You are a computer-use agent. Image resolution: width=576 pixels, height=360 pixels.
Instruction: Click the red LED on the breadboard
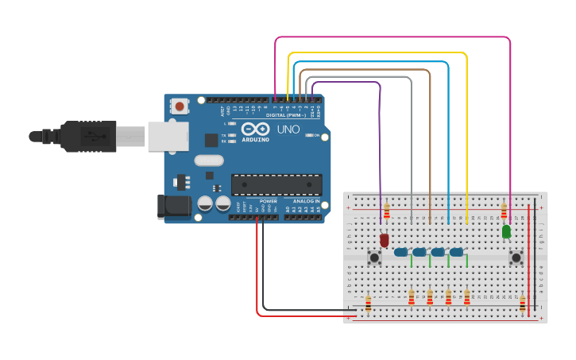[x=385, y=238]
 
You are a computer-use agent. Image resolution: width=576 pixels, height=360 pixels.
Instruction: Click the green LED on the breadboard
[x=506, y=231]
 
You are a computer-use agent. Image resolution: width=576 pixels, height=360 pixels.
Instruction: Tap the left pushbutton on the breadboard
[x=375, y=257]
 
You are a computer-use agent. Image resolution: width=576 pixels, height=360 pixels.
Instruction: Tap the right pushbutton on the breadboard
[x=516, y=257]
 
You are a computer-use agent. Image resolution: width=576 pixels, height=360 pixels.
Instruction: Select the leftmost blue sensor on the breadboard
[x=400, y=252]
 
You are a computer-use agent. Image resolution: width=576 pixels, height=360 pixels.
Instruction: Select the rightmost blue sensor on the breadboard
[x=456, y=252]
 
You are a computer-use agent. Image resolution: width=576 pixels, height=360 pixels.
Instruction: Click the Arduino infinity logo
[x=256, y=129]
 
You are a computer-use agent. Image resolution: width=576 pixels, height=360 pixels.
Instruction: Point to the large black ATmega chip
[x=276, y=184]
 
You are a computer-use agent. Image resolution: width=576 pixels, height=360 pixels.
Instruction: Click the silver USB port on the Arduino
[x=168, y=136]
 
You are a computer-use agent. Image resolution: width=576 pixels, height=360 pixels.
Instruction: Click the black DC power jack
[x=175, y=207]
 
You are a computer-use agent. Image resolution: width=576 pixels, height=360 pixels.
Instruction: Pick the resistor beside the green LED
[x=504, y=211]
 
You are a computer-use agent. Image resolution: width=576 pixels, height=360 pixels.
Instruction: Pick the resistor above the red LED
[x=387, y=211]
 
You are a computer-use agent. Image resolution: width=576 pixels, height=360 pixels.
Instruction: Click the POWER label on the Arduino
[x=269, y=201]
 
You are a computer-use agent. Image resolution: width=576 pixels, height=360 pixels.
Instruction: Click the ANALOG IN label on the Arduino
[x=305, y=201]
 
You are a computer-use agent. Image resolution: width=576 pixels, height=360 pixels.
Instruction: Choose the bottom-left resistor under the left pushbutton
[x=369, y=304]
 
